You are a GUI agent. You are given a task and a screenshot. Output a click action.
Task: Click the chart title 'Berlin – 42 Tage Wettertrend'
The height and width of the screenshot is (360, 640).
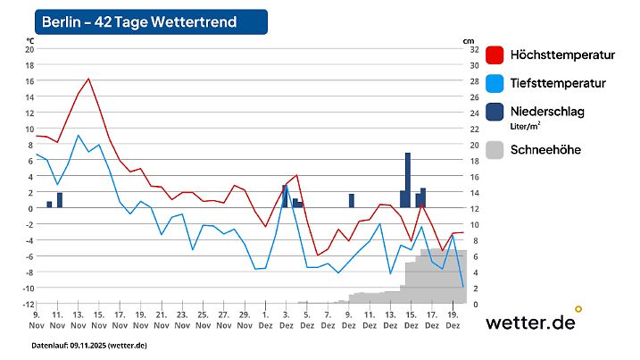[151, 22]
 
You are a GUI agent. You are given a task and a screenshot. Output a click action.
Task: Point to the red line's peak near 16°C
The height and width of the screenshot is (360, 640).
[88, 79]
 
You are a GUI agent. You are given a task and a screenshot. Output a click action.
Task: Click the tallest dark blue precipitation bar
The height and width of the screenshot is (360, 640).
[408, 180]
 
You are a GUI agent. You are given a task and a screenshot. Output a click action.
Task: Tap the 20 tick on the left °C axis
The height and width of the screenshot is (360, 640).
[29, 49]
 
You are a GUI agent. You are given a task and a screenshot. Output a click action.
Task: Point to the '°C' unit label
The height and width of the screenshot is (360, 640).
[29, 40]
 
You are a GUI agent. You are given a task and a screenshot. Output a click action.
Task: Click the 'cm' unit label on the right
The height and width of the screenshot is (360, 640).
[468, 40]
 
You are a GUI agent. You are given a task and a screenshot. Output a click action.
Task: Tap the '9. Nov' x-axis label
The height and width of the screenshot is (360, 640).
[36, 320]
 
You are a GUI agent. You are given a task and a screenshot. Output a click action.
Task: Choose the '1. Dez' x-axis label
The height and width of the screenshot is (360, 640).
[265, 320]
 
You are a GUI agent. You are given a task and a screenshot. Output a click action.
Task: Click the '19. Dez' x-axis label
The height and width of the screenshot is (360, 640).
[453, 320]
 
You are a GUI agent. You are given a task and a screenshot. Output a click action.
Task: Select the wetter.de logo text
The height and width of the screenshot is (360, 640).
[529, 322]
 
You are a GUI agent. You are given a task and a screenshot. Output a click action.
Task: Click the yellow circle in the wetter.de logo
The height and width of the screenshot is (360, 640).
[578, 309]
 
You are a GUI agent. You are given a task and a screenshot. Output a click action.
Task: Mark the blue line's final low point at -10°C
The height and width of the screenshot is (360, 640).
[462, 287]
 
